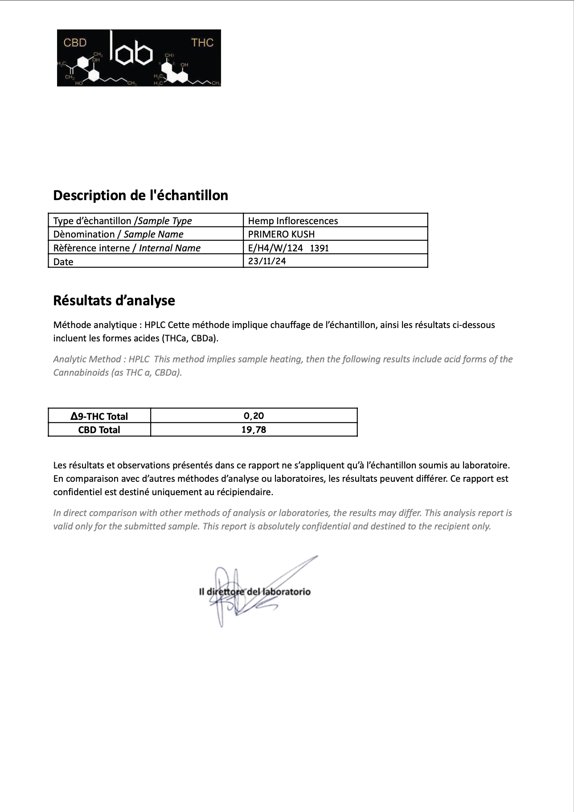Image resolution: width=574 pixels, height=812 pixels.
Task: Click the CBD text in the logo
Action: (75, 43)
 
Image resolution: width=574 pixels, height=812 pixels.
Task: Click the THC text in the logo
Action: (202, 43)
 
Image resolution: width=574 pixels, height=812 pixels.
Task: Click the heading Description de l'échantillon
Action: (140, 195)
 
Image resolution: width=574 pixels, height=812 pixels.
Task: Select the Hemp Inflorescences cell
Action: (293, 221)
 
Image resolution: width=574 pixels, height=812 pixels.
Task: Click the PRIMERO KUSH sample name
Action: (281, 234)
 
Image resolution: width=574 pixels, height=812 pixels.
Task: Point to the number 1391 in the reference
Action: (319, 248)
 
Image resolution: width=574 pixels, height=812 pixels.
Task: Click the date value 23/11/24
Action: (267, 261)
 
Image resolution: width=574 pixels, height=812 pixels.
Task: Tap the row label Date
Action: (63, 262)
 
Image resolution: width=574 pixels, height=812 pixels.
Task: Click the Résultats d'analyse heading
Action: (114, 300)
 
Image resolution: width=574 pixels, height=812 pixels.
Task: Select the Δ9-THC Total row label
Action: (99, 416)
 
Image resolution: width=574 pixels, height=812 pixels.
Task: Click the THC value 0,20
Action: (254, 416)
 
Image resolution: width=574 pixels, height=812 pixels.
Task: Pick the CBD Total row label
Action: (99, 430)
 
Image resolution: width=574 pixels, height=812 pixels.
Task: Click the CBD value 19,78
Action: (254, 430)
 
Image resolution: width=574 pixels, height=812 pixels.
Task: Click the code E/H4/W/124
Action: (275, 248)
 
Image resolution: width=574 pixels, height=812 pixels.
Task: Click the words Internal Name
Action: (170, 248)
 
